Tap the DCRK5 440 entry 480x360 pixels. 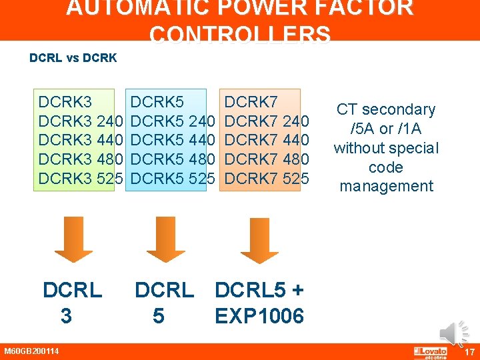tap(173, 140)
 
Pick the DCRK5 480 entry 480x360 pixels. tap(173, 159)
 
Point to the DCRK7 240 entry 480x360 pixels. tap(267, 121)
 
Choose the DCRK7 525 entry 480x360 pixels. tap(267, 178)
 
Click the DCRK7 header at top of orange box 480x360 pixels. tap(251, 102)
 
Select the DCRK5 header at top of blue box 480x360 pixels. tap(157, 102)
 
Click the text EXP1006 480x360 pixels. tap(259, 315)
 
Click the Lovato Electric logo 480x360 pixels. tap(431, 352)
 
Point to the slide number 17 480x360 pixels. tap(469, 352)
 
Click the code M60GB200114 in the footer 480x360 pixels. tap(31, 351)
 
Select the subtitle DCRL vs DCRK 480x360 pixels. tap(73, 58)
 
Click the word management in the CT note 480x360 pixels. tap(387, 186)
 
